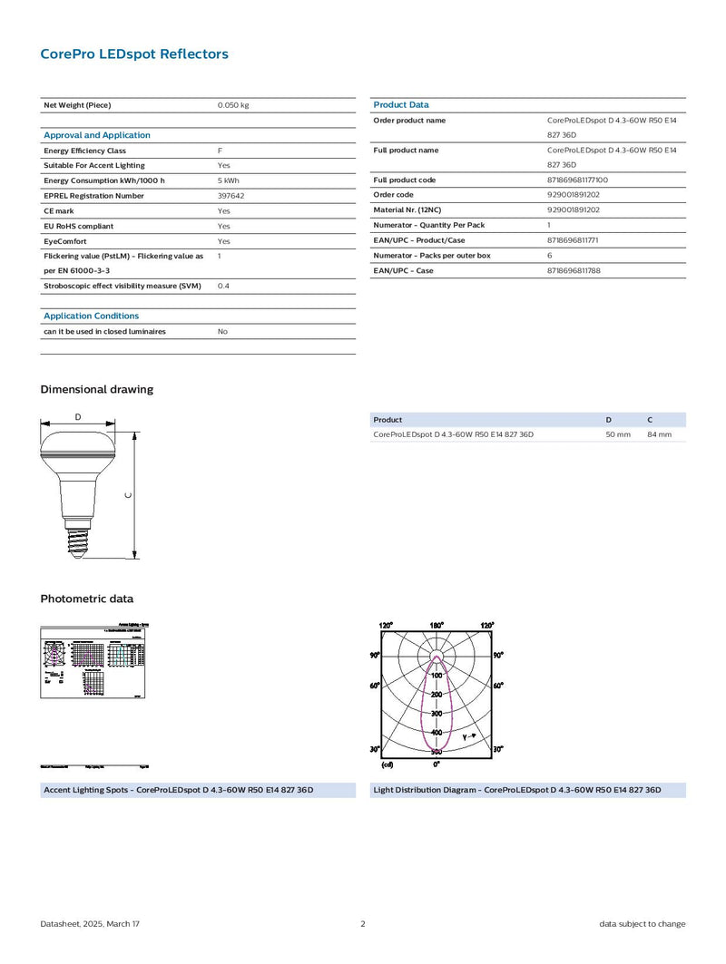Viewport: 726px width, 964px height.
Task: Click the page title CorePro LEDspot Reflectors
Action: click(x=134, y=54)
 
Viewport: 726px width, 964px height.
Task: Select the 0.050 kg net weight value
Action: click(x=233, y=105)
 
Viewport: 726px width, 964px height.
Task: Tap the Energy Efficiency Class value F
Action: click(x=220, y=151)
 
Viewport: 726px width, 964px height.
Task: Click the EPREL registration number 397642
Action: click(x=231, y=196)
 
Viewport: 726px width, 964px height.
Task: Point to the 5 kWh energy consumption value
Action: click(x=228, y=180)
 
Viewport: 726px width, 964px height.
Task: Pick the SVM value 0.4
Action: click(x=222, y=286)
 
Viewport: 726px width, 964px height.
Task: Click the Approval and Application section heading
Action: click(x=97, y=135)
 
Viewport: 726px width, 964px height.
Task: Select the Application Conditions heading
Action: click(x=92, y=316)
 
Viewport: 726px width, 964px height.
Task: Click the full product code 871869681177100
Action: click(x=578, y=180)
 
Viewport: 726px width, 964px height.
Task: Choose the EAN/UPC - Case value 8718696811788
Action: click(x=574, y=270)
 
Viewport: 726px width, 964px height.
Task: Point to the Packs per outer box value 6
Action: click(x=550, y=256)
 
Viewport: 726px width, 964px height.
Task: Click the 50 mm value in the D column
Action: click(x=618, y=434)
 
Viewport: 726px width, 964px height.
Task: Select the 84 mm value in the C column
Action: click(x=660, y=434)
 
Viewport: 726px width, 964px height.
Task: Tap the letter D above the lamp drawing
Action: click(x=78, y=417)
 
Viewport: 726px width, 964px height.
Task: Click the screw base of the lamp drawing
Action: click(x=77, y=542)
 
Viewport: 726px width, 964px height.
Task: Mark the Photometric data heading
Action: click(x=87, y=599)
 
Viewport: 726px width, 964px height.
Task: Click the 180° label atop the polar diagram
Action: click(x=437, y=626)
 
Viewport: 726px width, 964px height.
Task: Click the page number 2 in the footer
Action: click(x=363, y=924)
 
